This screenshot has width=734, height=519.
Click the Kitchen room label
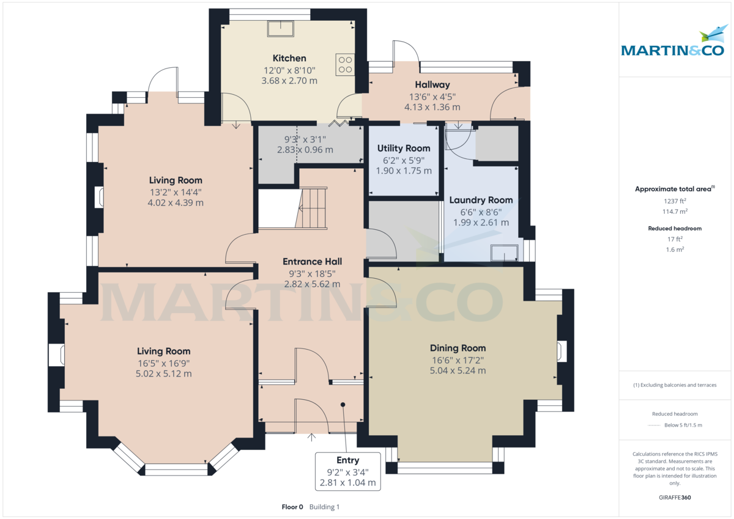(x=289, y=58)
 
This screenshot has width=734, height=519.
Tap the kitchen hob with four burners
(x=344, y=65)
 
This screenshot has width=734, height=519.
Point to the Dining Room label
(x=458, y=348)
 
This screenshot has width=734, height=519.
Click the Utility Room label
(x=404, y=148)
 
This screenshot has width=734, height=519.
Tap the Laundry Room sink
(x=505, y=251)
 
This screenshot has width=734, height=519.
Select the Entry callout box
(x=347, y=471)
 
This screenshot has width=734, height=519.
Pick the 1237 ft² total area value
(x=674, y=201)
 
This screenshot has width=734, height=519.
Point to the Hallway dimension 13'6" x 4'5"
(x=432, y=96)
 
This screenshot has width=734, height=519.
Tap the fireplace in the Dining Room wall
(x=561, y=352)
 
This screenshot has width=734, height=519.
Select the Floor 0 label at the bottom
(x=292, y=507)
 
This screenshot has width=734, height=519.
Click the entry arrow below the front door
(x=312, y=436)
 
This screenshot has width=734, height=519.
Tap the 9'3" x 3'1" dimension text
(x=305, y=139)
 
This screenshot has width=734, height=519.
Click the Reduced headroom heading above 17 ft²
(x=674, y=228)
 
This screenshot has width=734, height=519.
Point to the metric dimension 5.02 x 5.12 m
(x=163, y=374)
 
